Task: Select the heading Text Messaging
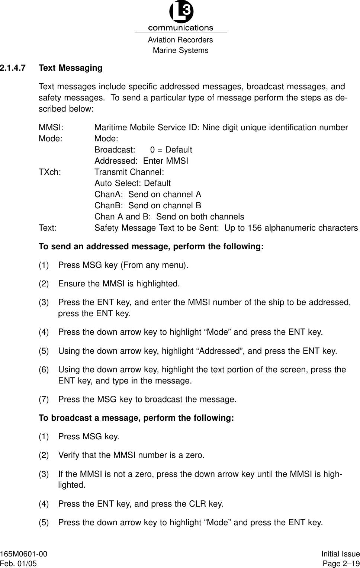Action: tap(70, 68)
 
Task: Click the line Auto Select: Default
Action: tap(132, 183)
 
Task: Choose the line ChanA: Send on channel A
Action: tap(148, 195)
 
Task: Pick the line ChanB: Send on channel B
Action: tap(148, 206)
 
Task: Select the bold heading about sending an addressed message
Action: tap(151, 247)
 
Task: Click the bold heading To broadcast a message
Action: tap(136, 418)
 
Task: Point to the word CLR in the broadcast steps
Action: tap(200, 504)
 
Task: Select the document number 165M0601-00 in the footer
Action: tap(24, 554)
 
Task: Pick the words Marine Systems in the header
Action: tap(181, 50)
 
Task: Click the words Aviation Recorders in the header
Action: tap(180, 40)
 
